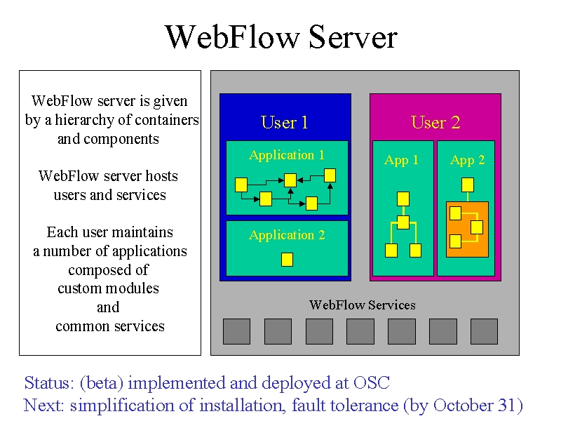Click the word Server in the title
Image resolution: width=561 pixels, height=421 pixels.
353,37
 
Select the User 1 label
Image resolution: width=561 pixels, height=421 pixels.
285,122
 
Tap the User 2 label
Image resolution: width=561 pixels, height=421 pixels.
435,122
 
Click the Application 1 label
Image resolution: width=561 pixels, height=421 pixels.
287,155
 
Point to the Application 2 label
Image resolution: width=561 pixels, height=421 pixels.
287,235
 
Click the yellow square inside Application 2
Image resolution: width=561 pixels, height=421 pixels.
287,260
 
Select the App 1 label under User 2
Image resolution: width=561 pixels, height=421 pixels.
401,160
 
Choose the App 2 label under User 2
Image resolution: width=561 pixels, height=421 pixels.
467,160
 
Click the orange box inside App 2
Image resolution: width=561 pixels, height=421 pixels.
467,229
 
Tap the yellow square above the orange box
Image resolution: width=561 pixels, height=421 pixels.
468,185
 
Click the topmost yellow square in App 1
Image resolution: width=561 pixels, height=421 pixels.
403,199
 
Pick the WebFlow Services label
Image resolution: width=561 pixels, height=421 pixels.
362,305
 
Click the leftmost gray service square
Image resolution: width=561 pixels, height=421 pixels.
236,331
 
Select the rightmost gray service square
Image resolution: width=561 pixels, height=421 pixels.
484,331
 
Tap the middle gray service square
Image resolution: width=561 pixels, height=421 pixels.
360,331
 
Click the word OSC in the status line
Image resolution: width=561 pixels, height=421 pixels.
372,382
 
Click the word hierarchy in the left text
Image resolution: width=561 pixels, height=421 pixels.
83,120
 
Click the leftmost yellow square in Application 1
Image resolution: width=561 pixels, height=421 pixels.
241,185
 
